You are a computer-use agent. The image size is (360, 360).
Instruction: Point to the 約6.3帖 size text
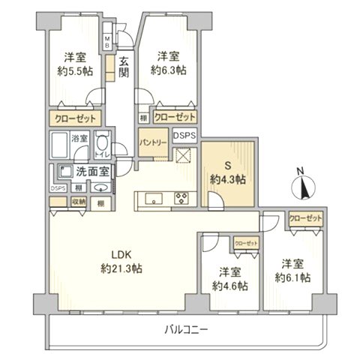click(168, 70)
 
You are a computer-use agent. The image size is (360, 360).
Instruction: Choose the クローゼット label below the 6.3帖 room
click(174, 117)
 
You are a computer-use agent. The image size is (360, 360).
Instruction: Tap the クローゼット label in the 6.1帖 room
click(307, 217)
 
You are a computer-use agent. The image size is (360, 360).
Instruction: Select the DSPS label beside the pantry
click(185, 135)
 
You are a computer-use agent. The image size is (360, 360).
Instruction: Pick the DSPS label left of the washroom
click(58, 188)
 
